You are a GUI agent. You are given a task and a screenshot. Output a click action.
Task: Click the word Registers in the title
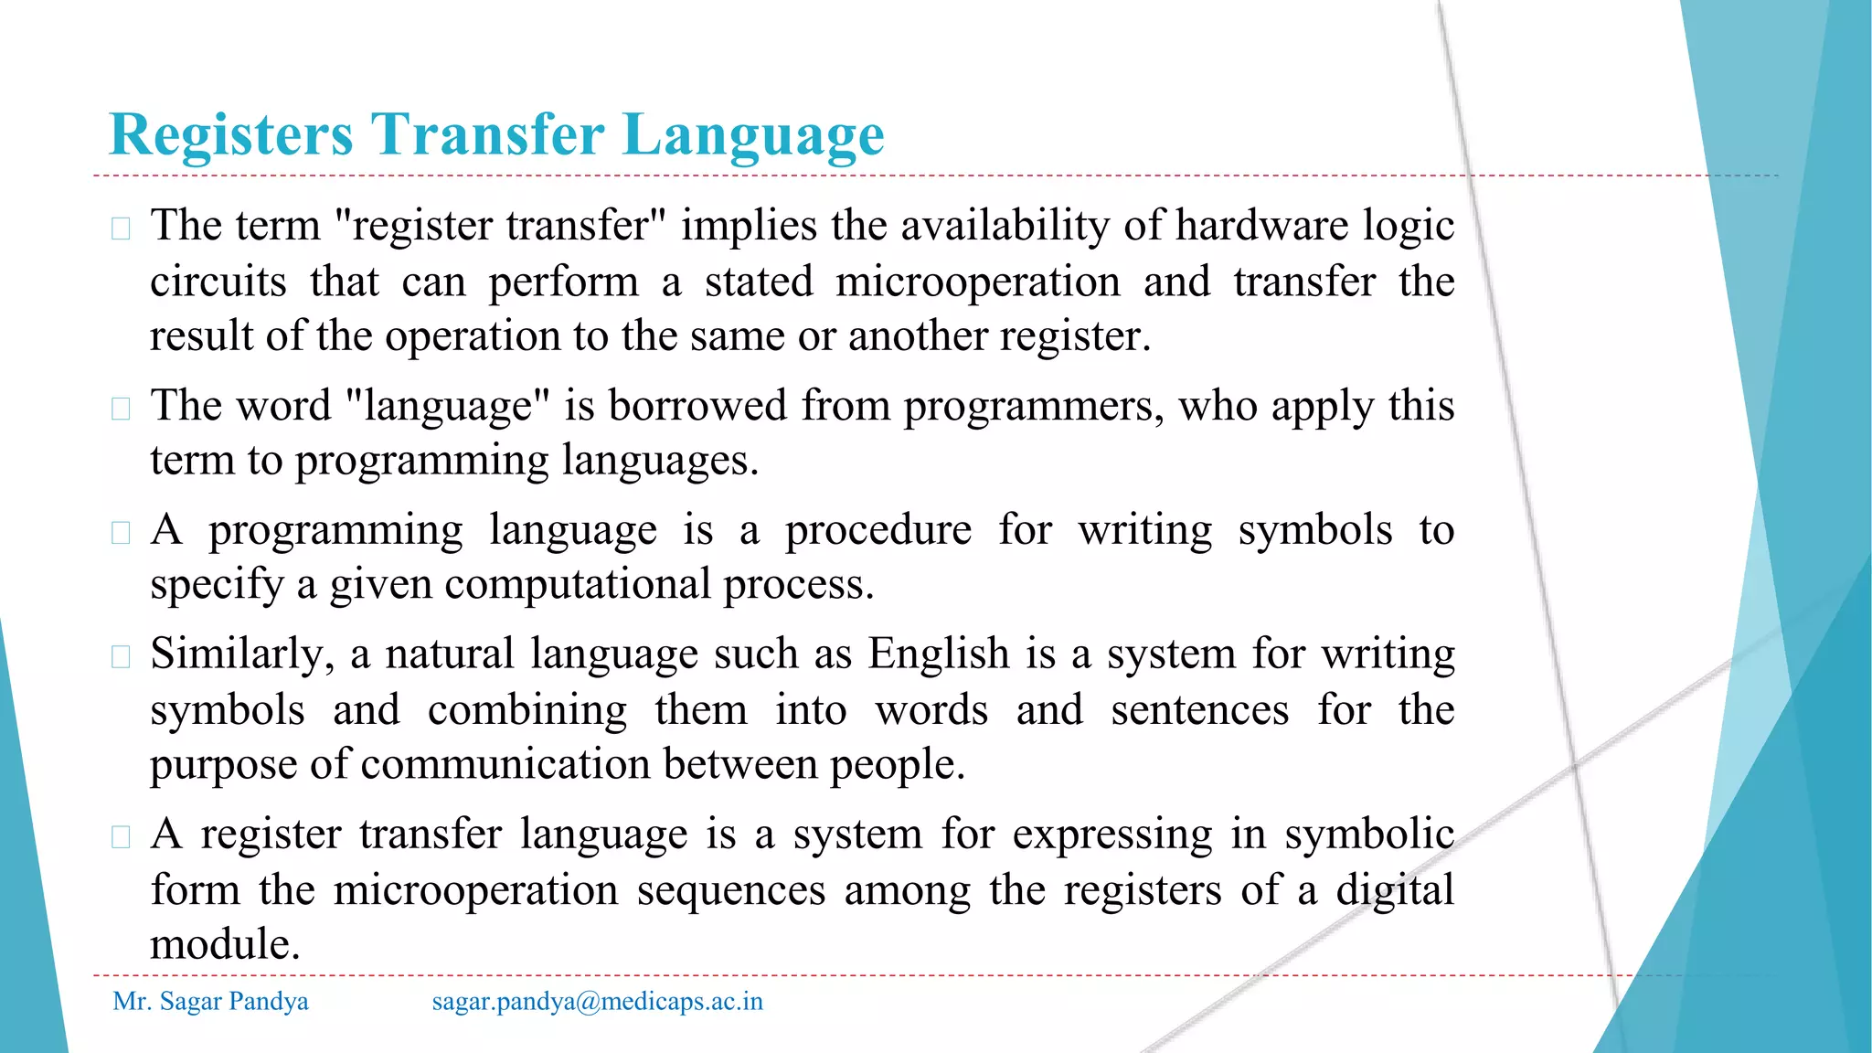click(x=230, y=135)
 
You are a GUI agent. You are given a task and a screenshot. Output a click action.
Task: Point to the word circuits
click(x=218, y=282)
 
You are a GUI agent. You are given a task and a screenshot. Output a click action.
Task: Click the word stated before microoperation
click(x=759, y=282)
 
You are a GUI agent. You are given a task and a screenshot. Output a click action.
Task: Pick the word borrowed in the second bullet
click(x=697, y=405)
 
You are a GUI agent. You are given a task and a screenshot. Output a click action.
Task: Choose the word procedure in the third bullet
click(x=878, y=530)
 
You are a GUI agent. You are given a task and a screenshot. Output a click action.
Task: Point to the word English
click(x=939, y=654)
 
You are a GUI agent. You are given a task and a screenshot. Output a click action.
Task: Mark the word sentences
click(x=1199, y=710)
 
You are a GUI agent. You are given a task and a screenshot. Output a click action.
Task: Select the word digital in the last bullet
click(x=1394, y=890)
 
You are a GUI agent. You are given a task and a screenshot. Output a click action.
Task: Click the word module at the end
click(x=225, y=944)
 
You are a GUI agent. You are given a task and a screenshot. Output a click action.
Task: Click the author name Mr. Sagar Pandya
click(x=210, y=1002)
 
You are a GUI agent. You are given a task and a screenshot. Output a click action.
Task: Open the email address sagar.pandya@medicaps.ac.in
click(x=597, y=1002)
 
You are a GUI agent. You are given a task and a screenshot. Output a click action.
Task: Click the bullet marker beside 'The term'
click(x=121, y=228)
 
